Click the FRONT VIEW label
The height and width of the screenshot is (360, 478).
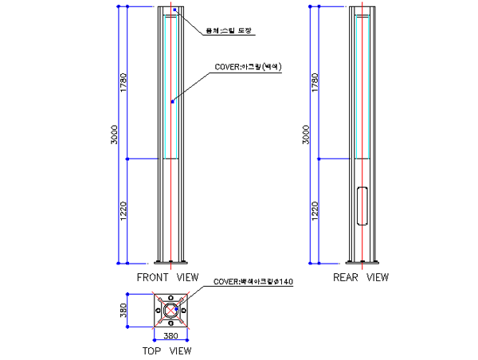(x=167, y=278)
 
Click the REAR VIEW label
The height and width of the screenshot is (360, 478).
(x=362, y=278)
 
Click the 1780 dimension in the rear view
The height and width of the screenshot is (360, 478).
(x=315, y=83)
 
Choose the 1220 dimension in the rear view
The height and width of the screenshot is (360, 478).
(x=315, y=211)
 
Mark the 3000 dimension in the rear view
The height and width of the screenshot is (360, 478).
(x=306, y=135)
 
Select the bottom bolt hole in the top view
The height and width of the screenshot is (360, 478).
(x=170, y=323)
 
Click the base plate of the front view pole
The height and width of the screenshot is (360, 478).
(x=170, y=262)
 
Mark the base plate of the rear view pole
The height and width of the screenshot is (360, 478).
(x=362, y=262)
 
